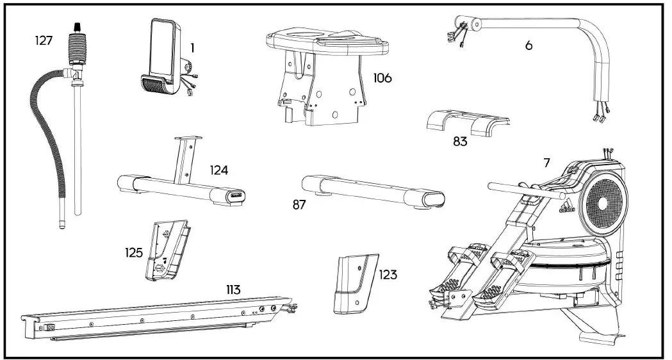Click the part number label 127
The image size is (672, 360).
coord(44,40)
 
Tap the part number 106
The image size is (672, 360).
coord(382,79)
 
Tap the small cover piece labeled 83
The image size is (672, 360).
coord(466,120)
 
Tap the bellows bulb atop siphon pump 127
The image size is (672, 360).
coord(78,45)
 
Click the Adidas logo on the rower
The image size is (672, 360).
coord(566,206)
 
